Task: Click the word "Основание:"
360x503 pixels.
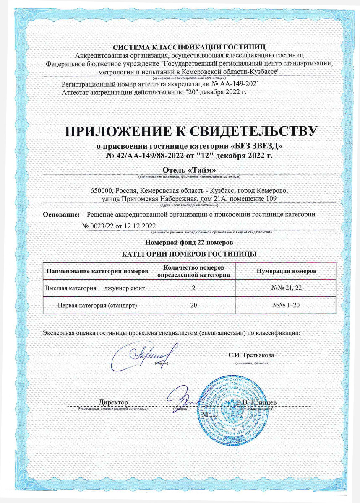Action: coord(62,215)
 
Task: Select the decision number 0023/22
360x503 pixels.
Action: coord(99,227)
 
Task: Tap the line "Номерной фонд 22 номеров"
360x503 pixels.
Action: coord(189,243)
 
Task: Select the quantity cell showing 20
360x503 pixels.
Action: coord(193,305)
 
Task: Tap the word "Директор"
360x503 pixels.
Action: coord(113,403)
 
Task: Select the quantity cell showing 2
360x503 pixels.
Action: coord(193,288)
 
